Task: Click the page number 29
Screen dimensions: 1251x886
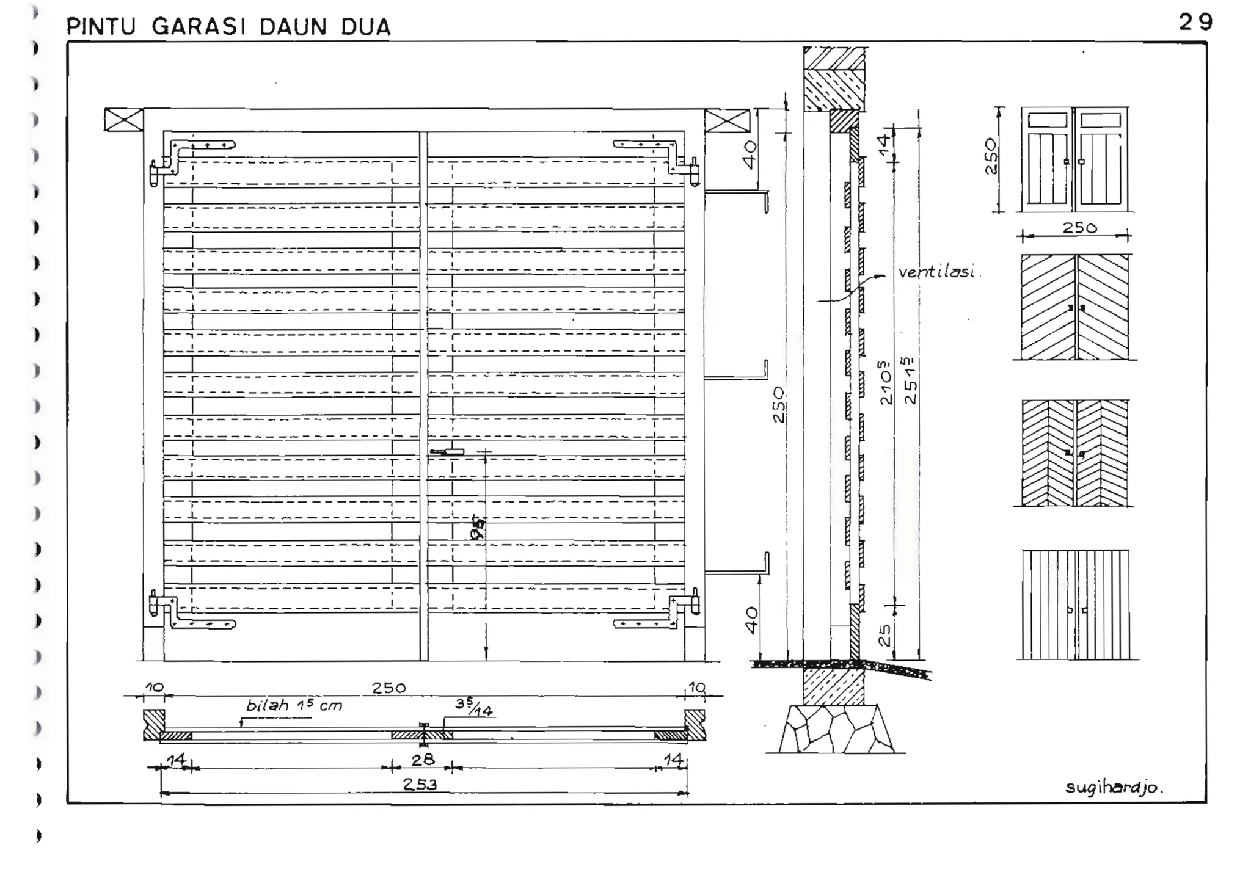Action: pos(1195,23)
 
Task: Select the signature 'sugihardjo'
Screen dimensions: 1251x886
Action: pos(1114,787)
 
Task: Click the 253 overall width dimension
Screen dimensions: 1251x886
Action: pos(420,784)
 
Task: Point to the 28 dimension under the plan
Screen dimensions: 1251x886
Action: pos(423,760)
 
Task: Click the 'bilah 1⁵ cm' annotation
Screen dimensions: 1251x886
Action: pos(294,706)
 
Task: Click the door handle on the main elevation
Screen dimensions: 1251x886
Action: pos(447,452)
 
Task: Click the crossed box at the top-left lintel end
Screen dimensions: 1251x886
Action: pos(123,120)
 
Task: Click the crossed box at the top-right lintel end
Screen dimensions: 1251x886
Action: pos(727,120)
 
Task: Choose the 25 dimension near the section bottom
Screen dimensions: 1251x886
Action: pos(884,635)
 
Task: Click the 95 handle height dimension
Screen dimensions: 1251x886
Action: pos(478,529)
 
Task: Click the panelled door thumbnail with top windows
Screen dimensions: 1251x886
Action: pos(1074,159)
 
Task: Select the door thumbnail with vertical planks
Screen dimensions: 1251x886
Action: pos(1075,605)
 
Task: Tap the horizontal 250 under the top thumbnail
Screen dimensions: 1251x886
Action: pos(1079,228)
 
